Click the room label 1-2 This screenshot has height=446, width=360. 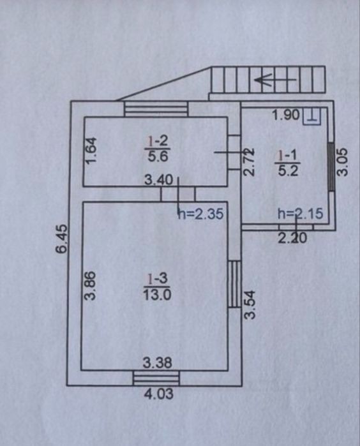158,140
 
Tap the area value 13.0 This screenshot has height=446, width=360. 157,295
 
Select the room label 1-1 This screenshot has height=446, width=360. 287,156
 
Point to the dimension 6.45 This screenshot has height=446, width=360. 62,239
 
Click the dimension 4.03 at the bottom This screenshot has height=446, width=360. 159,394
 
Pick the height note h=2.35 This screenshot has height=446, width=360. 200,214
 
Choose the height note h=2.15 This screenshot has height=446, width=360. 301,214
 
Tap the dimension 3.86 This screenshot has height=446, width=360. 91,286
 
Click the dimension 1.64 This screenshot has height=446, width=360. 92,151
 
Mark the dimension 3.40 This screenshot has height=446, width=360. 159,180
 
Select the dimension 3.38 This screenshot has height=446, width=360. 158,363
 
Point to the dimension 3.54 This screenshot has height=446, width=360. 250,304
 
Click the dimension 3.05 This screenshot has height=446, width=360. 342,162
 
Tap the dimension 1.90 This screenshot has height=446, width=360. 286,115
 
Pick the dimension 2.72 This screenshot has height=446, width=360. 248,161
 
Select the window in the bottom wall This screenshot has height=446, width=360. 156,378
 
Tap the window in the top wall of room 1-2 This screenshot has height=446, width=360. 156,108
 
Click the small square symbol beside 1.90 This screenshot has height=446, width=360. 312,117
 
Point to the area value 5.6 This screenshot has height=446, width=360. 158,156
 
